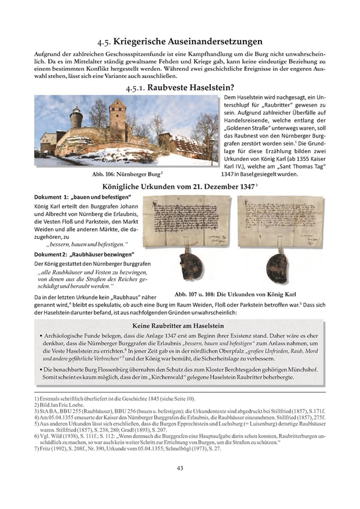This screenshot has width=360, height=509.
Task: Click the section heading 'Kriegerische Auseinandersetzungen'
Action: click(179, 41)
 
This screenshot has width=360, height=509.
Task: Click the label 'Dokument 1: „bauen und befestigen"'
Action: click(80, 197)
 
